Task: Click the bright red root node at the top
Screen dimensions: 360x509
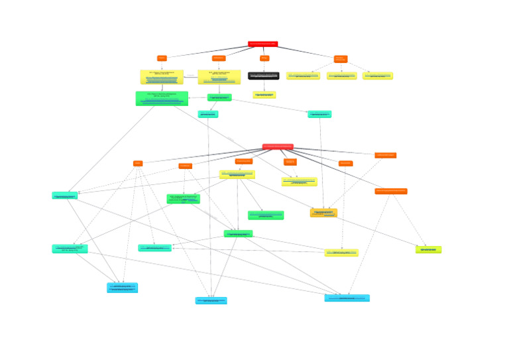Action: [262, 44]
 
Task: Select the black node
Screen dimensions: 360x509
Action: [263, 76]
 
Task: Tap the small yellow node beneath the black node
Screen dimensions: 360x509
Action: [264, 95]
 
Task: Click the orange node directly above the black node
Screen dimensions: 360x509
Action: [264, 58]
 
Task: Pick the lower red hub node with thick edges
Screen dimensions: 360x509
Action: [277, 147]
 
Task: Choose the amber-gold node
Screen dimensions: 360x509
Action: [323, 213]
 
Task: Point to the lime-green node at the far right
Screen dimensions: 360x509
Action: [428, 250]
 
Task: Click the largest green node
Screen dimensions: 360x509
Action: [162, 99]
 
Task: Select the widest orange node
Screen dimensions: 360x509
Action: [391, 191]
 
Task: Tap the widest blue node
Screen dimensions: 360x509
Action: [347, 298]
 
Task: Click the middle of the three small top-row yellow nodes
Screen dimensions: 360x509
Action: [341, 76]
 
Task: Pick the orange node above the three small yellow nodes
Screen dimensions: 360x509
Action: [341, 59]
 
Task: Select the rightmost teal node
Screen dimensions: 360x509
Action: [319, 115]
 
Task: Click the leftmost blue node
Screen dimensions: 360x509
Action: [123, 288]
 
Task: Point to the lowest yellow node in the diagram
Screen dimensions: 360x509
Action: [341, 253]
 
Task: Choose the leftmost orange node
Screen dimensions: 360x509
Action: [138, 163]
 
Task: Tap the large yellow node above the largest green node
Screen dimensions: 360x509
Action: [162, 77]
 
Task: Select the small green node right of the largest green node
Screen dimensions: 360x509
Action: [219, 97]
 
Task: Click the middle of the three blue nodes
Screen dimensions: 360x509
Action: [211, 301]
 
